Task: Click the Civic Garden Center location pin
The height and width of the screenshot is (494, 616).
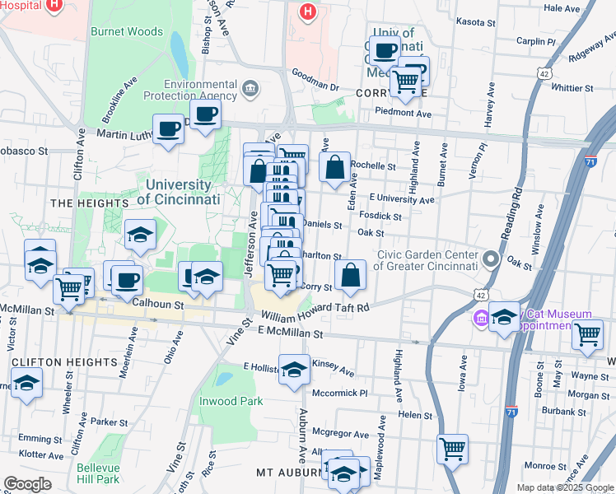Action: click(x=492, y=260)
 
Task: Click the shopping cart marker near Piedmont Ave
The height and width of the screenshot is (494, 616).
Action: click(x=405, y=82)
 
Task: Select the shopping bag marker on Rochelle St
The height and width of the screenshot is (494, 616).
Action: click(x=334, y=168)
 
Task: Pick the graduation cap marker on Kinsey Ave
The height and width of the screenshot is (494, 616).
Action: click(x=294, y=370)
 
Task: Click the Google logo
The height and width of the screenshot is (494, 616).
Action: click(x=27, y=484)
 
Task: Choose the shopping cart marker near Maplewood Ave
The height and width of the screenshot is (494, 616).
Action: click(x=452, y=449)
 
